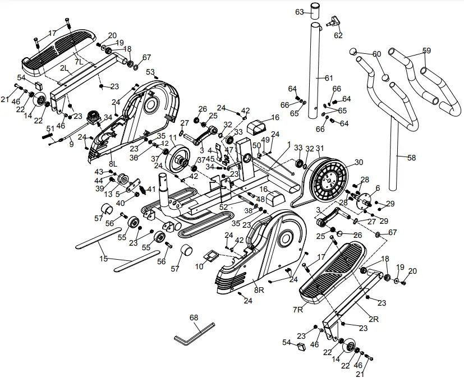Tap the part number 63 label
click(x=299, y=12)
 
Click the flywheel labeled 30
click(x=328, y=180)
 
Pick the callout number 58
click(x=411, y=158)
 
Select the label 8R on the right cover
click(x=259, y=290)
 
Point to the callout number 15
click(x=103, y=259)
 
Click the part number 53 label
click(x=150, y=72)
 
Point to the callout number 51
click(x=50, y=128)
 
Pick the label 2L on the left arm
click(x=65, y=68)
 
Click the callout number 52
click(x=224, y=206)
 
